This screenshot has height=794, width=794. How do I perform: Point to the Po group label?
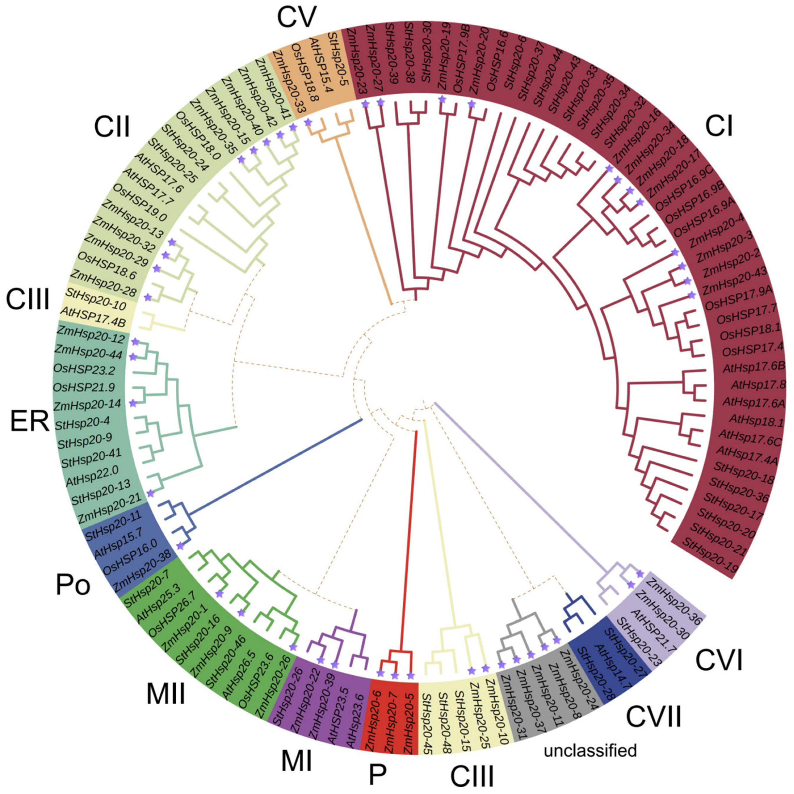click(73, 585)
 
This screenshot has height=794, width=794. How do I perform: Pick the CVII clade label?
click(653, 716)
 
